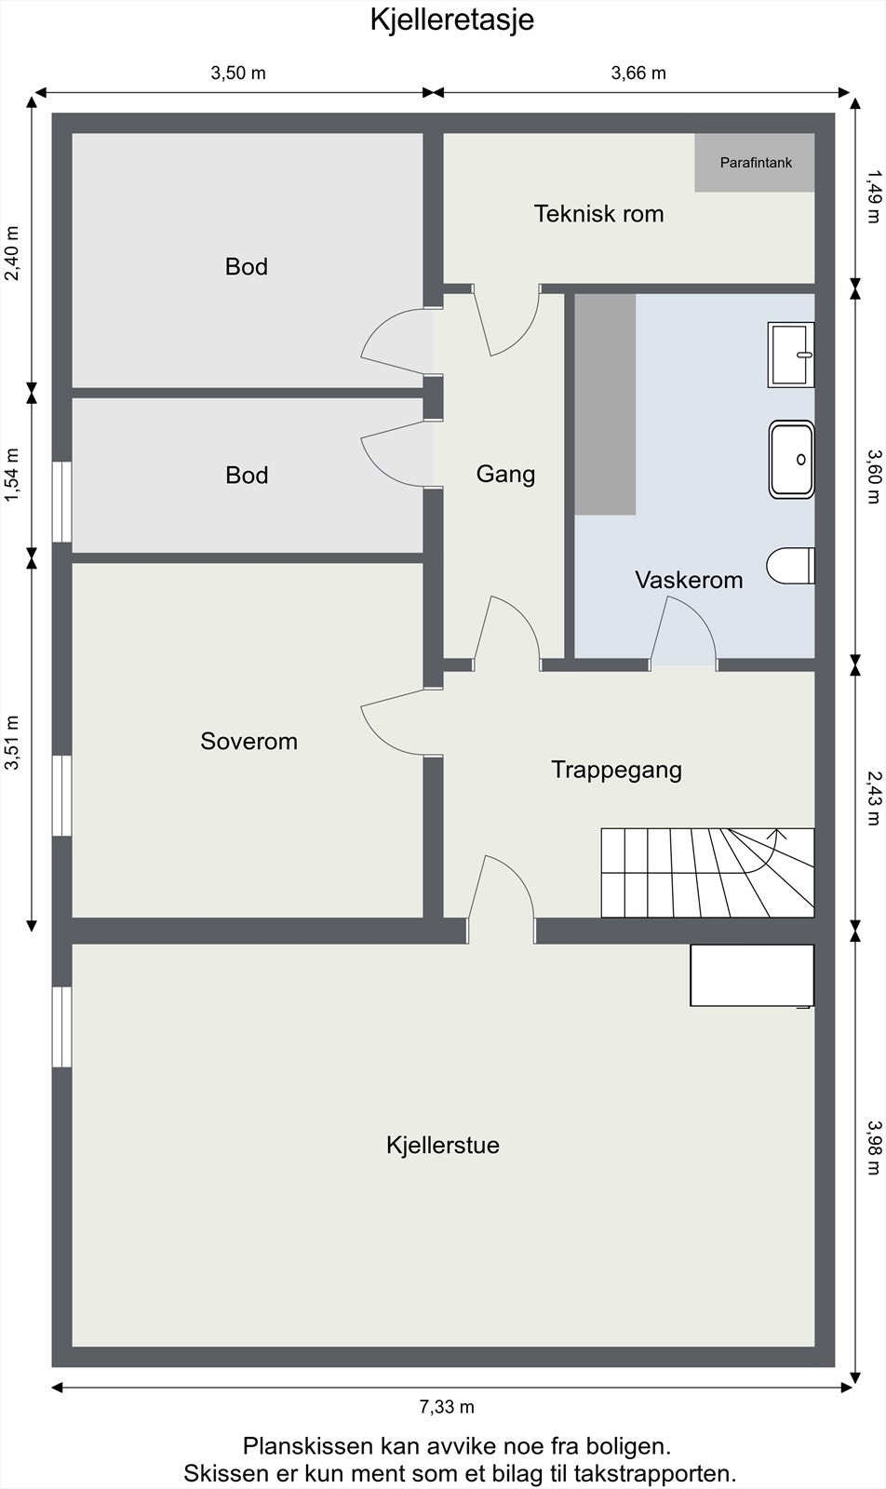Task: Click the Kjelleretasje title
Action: click(451, 20)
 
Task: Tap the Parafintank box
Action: click(755, 163)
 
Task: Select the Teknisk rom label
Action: click(598, 214)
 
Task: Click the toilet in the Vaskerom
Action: click(790, 566)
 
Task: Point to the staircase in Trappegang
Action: click(707, 872)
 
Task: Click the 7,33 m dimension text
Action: click(447, 1406)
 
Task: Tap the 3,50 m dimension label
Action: click(238, 74)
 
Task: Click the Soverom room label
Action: click(248, 742)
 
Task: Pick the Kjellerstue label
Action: click(443, 1145)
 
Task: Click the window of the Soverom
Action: click(61, 795)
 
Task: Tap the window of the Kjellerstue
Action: click(61, 1026)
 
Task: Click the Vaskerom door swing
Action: click(684, 633)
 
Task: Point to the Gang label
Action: click(505, 475)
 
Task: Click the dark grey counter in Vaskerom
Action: click(605, 404)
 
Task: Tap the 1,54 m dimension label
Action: click(12, 475)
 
